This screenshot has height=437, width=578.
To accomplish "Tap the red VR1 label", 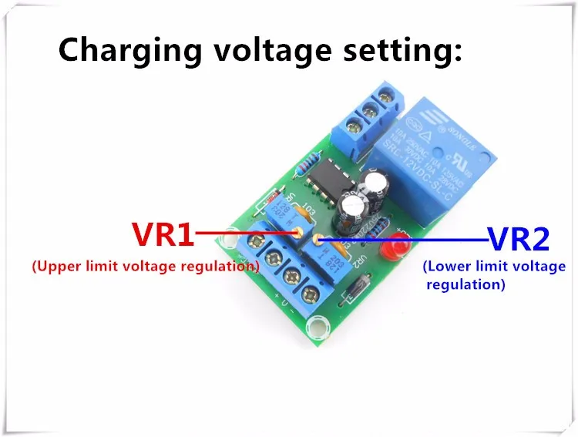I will coord(163,234).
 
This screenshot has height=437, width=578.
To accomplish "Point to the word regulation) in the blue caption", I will coord(466,284).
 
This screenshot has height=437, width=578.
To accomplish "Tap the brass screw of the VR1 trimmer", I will coord(296,231).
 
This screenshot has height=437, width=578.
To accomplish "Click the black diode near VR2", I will coord(355,289).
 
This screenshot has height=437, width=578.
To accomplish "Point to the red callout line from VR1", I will coord(247,231).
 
